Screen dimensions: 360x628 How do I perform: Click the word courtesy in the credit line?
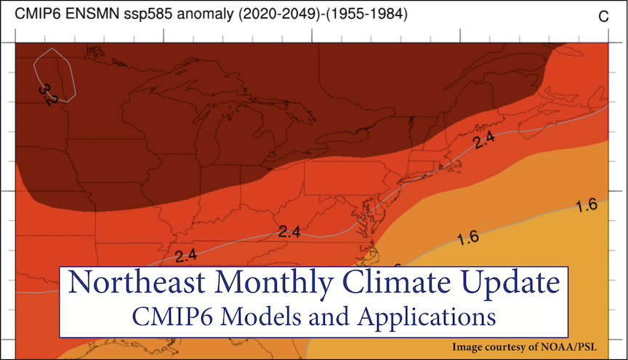(513, 346)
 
